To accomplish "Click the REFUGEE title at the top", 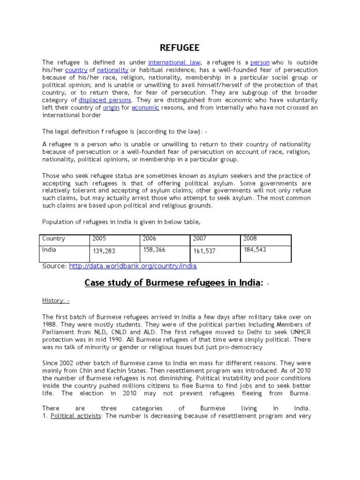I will tap(180, 48).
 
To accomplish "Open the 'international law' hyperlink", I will tap(175, 62).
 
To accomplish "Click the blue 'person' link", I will tap(260, 62).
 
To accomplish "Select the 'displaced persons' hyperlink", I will tap(105, 100).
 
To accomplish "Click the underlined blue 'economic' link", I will tap(145, 108).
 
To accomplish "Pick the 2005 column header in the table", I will tap(100, 239).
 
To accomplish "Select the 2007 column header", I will tap(200, 239).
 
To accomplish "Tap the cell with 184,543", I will tap(255, 250).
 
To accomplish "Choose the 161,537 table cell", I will tap(204, 251).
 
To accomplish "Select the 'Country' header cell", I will tap(53, 239).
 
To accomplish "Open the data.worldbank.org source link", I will tap(133, 266).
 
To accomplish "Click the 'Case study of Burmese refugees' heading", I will tap(171, 283).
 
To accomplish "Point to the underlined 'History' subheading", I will tap(55, 300).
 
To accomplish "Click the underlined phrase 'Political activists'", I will tap(76, 416).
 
